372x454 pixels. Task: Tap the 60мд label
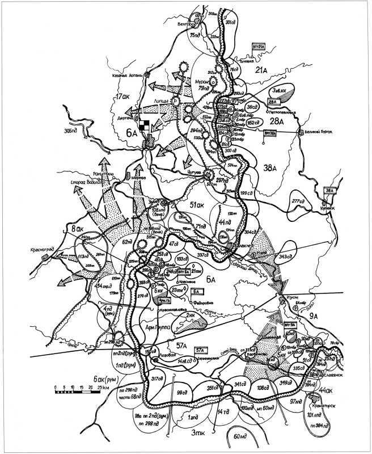tap(242, 438)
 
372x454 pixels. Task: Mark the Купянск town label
tap(332, 208)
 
